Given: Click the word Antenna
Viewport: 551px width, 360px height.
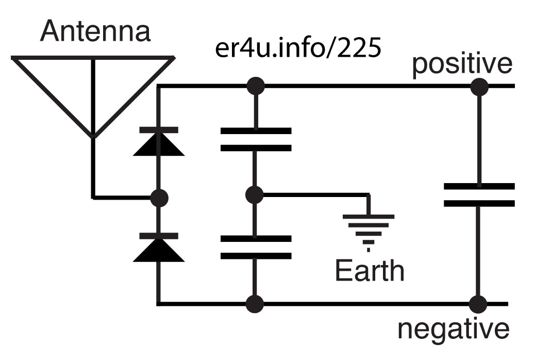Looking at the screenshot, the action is tap(95, 31).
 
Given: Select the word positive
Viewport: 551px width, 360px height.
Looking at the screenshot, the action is tap(462, 64).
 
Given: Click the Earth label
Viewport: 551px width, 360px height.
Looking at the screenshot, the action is tap(370, 270).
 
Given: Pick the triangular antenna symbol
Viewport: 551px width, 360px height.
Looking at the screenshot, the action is tap(93, 96).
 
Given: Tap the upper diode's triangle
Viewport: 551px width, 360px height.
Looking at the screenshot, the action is tap(159, 145).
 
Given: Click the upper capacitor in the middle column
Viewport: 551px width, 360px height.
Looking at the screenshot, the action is tap(256, 139).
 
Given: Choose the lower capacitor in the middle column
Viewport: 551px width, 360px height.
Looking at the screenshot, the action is tap(256, 247).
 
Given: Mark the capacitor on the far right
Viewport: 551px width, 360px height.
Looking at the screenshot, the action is tap(479, 195).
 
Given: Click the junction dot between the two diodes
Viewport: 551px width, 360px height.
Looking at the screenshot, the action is tap(159, 198).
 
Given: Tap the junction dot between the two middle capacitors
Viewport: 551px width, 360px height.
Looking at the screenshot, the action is tap(255, 195).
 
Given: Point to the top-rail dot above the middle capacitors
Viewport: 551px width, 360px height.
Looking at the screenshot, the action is tap(256, 86).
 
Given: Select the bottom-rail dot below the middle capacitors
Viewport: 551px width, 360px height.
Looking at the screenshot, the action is tap(255, 304).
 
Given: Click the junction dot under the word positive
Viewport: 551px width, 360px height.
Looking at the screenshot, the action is tap(479, 87).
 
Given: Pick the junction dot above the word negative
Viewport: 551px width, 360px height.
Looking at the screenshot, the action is tap(478, 304).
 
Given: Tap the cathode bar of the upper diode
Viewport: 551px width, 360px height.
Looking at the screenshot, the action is tap(159, 130).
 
